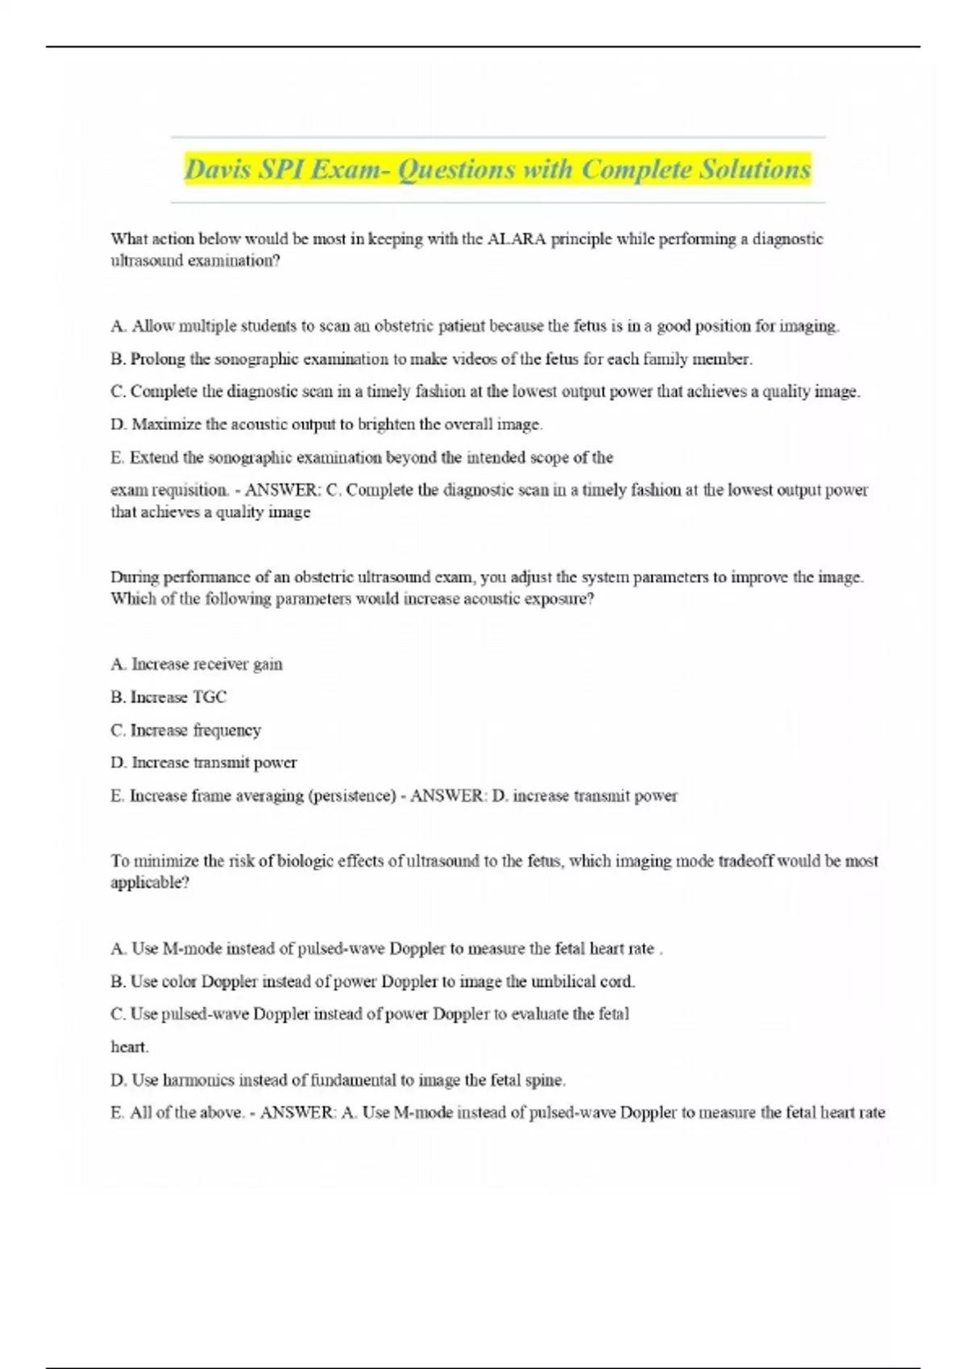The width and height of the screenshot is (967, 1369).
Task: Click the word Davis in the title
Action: click(x=217, y=170)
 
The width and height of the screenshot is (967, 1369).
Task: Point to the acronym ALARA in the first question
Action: click(x=517, y=239)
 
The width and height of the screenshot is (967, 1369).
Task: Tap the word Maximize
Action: click(x=167, y=424)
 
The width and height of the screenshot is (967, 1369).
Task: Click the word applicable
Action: click(x=149, y=883)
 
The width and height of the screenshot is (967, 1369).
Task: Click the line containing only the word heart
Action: click(x=129, y=1047)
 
